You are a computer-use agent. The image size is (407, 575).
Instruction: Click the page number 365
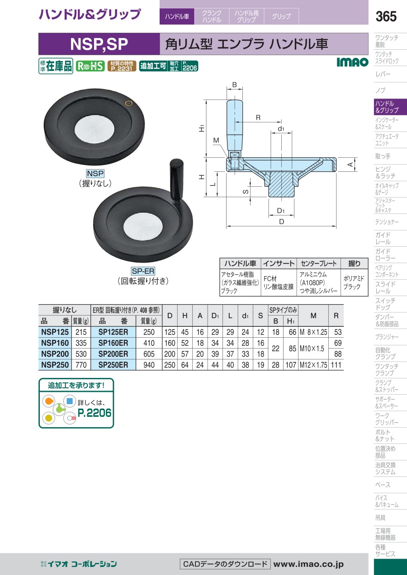click(x=386, y=16)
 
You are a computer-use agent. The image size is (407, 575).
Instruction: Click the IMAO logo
click(x=352, y=62)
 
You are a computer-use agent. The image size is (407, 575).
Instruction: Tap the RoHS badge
click(x=90, y=66)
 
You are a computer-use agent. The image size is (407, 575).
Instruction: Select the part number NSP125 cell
click(x=55, y=332)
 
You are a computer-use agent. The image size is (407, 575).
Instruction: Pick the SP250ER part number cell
click(x=113, y=365)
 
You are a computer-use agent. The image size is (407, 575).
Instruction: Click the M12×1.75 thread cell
click(x=313, y=365)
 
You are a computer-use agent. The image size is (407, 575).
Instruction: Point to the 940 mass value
click(x=149, y=365)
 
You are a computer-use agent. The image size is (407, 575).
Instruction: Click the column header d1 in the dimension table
click(x=245, y=316)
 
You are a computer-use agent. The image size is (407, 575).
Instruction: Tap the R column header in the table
click(x=336, y=316)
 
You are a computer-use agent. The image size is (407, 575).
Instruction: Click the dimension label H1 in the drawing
click(x=202, y=128)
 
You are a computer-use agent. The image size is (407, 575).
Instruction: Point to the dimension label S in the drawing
click(x=246, y=192)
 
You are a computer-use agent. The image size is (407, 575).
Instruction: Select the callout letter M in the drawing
click(x=216, y=140)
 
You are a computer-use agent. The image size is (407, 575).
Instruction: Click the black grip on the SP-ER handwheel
click(x=176, y=181)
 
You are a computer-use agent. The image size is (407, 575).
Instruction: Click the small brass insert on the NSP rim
click(x=128, y=103)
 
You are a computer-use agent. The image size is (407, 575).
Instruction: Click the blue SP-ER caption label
click(x=143, y=271)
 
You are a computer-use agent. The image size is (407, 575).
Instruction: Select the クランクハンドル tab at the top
click(x=212, y=16)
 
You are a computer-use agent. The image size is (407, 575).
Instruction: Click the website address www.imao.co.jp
click(x=308, y=564)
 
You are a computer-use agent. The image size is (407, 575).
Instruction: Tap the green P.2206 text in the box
click(x=95, y=413)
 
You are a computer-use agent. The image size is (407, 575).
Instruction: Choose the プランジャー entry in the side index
click(x=387, y=337)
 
